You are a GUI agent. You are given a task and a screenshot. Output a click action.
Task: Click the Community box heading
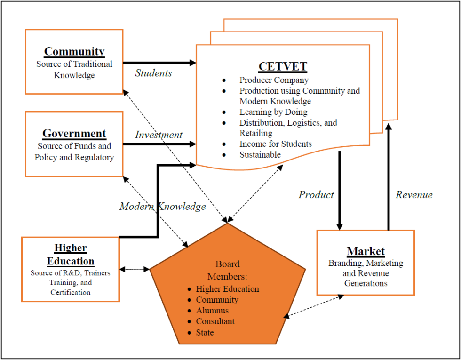click(74, 51)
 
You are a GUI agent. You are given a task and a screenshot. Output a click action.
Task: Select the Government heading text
click(74, 134)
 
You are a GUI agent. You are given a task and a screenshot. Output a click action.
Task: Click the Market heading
click(366, 251)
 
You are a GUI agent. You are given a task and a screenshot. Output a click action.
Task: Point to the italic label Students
click(153, 73)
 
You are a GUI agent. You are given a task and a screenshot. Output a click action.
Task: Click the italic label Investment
click(159, 135)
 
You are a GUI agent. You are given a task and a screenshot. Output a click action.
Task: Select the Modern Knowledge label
click(162, 206)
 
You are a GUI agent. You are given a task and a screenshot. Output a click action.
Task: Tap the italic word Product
click(316, 195)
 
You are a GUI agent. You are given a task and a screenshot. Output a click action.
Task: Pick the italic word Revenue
click(414, 195)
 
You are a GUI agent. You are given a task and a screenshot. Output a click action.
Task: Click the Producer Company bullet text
click(274, 80)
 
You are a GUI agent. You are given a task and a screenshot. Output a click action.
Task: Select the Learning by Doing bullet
click(273, 112)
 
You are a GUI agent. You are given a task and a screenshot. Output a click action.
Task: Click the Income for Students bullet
click(275, 144)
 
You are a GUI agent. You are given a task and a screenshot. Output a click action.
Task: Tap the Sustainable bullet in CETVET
click(260, 154)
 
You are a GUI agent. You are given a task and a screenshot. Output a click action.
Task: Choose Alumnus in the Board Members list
click(212, 311)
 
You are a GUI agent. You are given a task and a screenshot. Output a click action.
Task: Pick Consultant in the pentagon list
click(215, 321)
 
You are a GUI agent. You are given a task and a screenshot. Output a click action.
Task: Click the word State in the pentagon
click(205, 332)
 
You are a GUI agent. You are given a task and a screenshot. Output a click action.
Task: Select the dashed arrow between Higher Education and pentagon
click(135, 269)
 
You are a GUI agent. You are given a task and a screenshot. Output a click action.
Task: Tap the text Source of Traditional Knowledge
click(74, 70)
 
